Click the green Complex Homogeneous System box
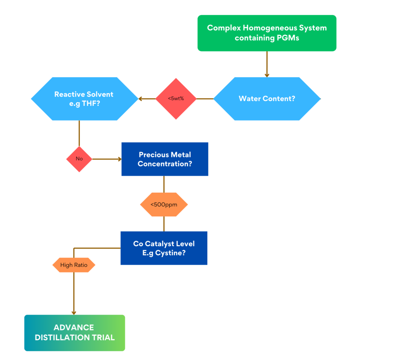(267, 33)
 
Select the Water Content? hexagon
(267, 99)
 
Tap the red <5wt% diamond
(176, 99)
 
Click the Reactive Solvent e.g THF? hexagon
(84, 99)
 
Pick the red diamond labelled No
(79, 159)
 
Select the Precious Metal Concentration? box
(165, 159)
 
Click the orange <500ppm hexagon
(164, 204)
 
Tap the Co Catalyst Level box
(164, 248)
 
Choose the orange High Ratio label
(74, 265)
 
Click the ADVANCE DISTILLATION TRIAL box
(75, 333)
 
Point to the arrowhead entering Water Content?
(267, 75)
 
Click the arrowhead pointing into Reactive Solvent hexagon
(141, 99)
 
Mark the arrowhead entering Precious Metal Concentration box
(119, 159)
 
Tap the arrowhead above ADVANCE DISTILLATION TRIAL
(74, 312)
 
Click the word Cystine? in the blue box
(172, 253)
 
